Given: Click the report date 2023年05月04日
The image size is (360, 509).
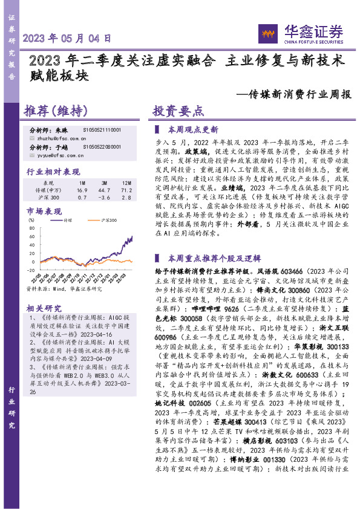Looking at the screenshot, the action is point(67,37).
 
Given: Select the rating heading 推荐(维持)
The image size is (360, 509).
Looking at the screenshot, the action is point(54,112).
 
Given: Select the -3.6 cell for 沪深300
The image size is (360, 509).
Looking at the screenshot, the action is point(105,197).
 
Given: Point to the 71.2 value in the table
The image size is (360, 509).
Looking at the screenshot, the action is point(126,190).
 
